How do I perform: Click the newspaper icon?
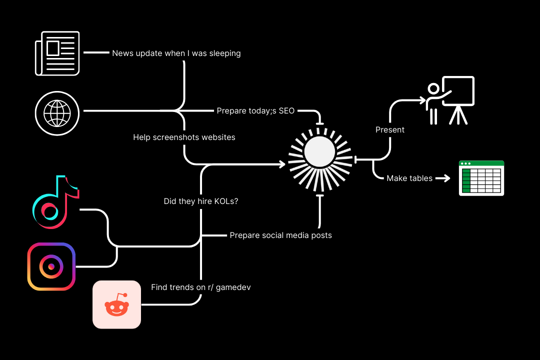57,53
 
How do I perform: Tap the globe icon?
57,113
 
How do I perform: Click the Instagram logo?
51,266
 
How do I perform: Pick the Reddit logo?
116,304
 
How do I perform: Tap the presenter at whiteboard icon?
450,100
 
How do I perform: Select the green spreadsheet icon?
481,178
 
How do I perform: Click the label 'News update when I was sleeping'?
176,53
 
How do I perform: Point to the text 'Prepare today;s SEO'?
255,110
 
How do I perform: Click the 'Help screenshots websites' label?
184,137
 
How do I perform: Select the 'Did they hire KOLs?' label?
200,201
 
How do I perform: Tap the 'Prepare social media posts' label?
280,235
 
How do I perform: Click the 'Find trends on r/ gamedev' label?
200,287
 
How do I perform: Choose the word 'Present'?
390,129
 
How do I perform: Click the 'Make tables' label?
409,178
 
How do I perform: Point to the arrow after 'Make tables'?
442,178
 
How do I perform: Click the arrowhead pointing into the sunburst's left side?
282,163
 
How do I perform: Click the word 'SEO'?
286,110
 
